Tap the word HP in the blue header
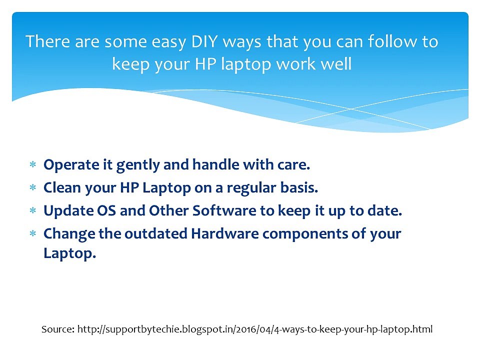(205, 64)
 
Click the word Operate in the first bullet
(71, 165)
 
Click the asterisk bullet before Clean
(33, 187)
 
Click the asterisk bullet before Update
(33, 210)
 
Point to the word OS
(106, 210)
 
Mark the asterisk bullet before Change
(33, 233)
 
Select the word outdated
(156, 233)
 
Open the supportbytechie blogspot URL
(255, 329)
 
